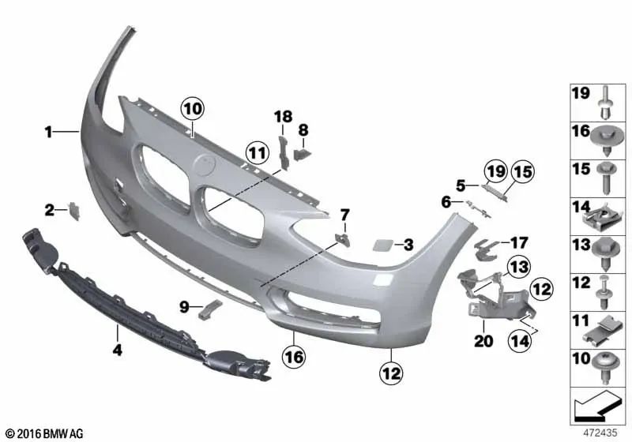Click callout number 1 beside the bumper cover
[x=48, y=133]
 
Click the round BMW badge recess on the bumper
[x=204, y=166]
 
